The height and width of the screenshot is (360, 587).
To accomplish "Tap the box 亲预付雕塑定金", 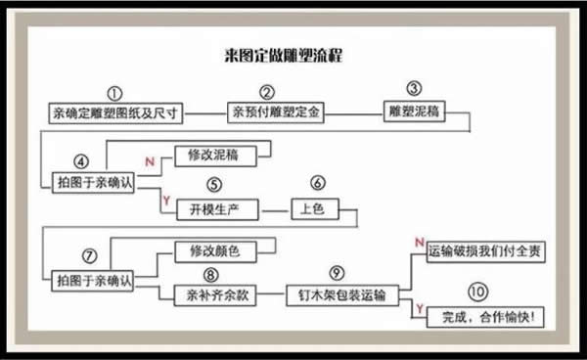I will [275, 112].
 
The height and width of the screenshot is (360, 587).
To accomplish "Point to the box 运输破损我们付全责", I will [485, 252].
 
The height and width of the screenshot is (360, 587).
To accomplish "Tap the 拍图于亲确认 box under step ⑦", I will [95, 279].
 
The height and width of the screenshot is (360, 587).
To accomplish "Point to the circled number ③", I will [414, 91].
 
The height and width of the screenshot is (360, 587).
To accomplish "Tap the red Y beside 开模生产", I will [166, 201].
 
